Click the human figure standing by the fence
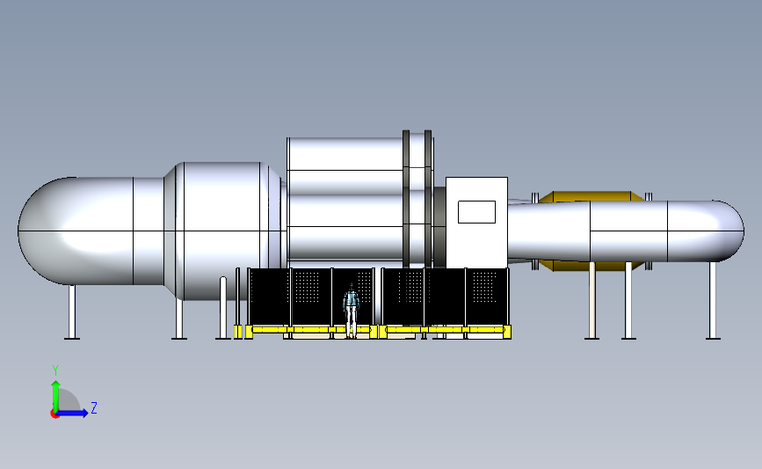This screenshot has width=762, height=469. click(x=351, y=310)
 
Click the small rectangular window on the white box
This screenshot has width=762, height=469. click(x=476, y=212)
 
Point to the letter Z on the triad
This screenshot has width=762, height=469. click(x=94, y=407)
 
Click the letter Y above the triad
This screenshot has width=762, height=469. click(x=55, y=370)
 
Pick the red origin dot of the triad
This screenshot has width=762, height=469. click(x=54, y=414)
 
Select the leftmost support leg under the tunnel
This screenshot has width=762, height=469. click(x=72, y=311)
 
